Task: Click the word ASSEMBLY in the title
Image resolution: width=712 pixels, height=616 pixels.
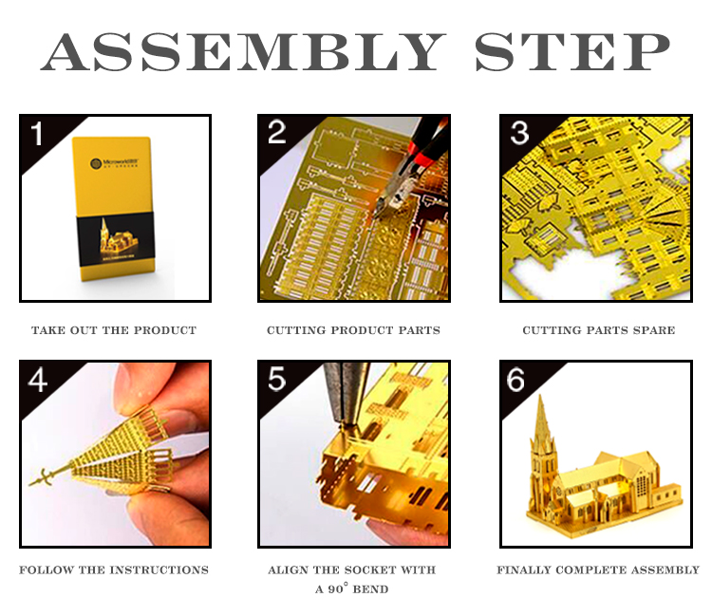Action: [x=242, y=51]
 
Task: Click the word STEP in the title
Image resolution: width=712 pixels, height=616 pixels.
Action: [x=572, y=51]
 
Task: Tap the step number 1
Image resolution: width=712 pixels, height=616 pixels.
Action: [x=37, y=134]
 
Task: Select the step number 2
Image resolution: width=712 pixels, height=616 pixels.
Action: [x=276, y=133]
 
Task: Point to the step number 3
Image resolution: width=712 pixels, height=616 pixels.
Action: [x=519, y=133]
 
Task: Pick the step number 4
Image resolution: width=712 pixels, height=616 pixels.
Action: [x=38, y=380]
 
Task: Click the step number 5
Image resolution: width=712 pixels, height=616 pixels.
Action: [x=276, y=380]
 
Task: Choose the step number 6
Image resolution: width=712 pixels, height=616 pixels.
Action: [x=515, y=380]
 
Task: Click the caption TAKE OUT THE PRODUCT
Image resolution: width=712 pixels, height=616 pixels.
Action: [x=114, y=330]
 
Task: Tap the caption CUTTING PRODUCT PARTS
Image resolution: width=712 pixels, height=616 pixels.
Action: [x=353, y=330]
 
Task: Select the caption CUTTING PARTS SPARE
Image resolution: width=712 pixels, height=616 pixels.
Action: [x=598, y=330]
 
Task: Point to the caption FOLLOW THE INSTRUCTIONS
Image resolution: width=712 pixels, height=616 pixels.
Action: [x=114, y=569]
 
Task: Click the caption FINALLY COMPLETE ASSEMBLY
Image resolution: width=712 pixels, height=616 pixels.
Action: [x=598, y=569]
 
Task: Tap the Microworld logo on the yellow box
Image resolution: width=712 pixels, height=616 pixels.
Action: [x=114, y=163]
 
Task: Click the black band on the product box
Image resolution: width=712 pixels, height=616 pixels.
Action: [x=116, y=239]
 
